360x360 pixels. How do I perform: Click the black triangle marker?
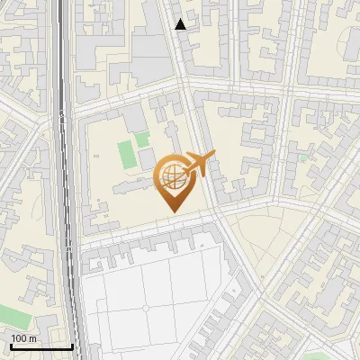(181, 24)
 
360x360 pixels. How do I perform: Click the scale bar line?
(41, 346)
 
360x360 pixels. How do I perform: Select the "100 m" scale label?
(24, 338)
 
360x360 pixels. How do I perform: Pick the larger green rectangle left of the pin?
(125, 154)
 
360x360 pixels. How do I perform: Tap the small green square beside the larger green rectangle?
(142, 139)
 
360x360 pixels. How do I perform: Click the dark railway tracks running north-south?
(66, 180)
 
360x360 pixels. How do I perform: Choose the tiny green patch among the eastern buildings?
(304, 157)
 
